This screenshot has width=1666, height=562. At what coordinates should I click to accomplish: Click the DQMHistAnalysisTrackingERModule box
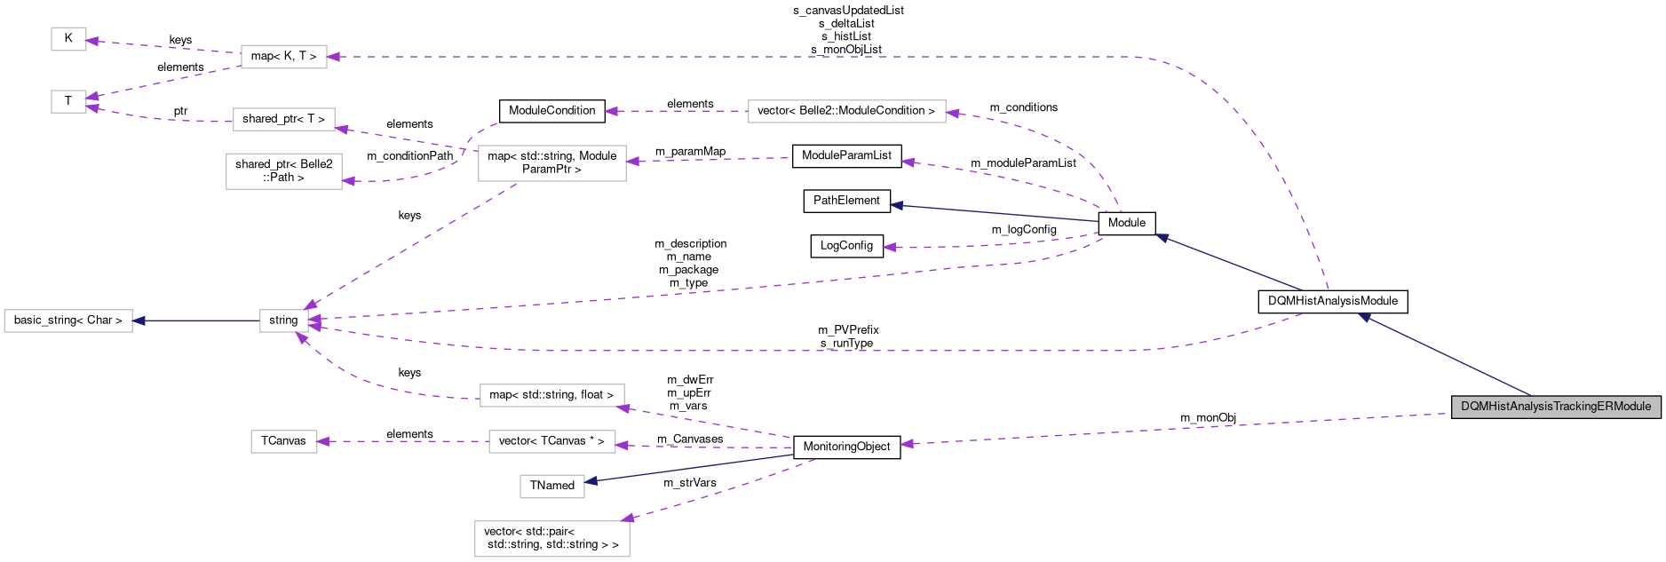(1556, 407)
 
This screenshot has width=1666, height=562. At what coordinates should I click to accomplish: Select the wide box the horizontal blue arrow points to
(68, 321)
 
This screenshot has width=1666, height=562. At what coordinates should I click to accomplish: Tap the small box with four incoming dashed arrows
(284, 321)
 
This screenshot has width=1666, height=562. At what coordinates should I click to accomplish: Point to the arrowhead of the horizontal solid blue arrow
(139, 321)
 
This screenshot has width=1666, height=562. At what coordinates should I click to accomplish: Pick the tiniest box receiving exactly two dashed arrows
(68, 101)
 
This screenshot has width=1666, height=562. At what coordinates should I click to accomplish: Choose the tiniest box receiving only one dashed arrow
(68, 39)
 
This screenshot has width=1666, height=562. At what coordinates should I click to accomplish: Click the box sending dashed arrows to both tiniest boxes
(284, 57)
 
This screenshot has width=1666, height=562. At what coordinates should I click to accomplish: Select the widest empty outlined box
(846, 111)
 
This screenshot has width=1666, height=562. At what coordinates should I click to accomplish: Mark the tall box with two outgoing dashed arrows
(551, 163)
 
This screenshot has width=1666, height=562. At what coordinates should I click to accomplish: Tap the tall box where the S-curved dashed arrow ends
(284, 171)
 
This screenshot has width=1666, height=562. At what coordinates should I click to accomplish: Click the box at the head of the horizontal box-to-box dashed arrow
(284, 441)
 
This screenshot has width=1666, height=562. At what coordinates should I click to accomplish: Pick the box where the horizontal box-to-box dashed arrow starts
(551, 441)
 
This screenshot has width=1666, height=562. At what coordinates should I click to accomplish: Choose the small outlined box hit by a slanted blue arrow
(551, 487)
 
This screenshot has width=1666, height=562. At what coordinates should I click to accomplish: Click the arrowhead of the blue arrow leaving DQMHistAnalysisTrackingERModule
(1363, 317)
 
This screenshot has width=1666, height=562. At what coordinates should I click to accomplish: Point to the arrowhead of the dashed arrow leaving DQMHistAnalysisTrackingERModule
(907, 444)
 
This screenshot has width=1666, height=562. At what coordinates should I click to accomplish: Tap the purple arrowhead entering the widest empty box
(953, 114)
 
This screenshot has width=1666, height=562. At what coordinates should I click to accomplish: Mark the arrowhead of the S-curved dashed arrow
(348, 181)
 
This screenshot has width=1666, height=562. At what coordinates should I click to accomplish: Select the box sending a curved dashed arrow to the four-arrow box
(551, 395)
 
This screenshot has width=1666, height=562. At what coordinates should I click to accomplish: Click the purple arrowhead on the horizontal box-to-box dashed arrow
(323, 441)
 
